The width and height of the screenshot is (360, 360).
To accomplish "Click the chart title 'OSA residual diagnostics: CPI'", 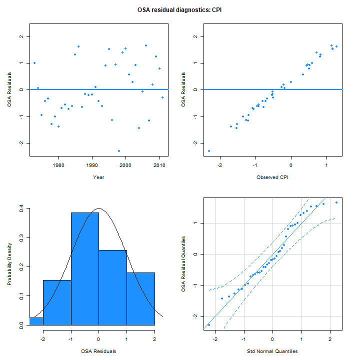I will pyautogui.click(x=179, y=9).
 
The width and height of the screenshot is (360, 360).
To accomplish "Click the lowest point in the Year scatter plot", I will pyautogui.click(x=119, y=150).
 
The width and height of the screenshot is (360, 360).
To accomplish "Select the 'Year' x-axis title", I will pyautogui.click(x=98, y=177).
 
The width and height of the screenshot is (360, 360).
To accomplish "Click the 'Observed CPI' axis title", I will pyautogui.click(x=272, y=177).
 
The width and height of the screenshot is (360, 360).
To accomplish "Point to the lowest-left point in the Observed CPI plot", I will pyautogui.click(x=209, y=150).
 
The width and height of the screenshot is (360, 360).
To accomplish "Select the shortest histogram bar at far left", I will pyautogui.click(x=36, y=321).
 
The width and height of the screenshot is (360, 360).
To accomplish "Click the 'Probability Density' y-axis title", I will pyautogui.click(x=9, y=266).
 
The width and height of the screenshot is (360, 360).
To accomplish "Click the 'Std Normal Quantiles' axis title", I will pyautogui.click(x=272, y=351).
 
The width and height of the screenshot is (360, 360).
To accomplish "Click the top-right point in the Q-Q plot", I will pyautogui.click(x=336, y=202).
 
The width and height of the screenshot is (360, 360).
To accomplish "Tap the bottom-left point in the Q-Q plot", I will pyautogui.click(x=209, y=325).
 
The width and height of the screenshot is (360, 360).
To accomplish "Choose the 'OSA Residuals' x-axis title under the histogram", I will pyautogui.click(x=98, y=351).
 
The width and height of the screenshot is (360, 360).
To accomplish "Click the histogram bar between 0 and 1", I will pyautogui.click(x=113, y=287).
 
